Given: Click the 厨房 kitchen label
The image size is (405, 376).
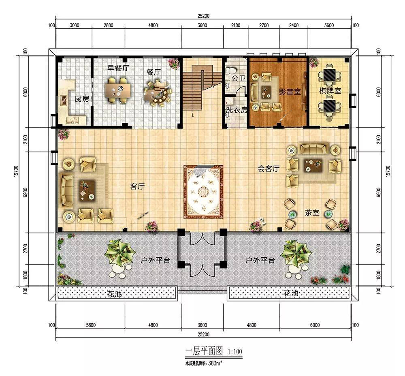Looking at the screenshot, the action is (82, 99).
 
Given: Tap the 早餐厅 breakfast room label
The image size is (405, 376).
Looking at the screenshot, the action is (118, 68).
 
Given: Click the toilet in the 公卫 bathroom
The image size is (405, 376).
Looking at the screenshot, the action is (230, 70).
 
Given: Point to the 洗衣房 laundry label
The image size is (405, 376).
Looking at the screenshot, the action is (237, 110).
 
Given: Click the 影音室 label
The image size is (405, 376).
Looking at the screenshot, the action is (290, 92).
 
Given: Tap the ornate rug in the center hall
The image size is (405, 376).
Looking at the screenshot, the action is (203, 192).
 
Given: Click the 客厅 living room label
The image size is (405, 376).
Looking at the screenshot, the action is (137, 186).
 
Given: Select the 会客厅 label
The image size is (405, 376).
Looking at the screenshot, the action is (269, 169).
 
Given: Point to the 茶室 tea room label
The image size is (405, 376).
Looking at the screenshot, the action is (312, 213).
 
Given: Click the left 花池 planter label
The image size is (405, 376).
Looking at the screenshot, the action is (115, 294).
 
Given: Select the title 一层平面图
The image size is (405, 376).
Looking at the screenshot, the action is (204, 351).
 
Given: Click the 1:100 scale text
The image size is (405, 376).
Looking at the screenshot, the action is (235, 352).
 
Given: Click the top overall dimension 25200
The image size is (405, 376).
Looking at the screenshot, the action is (204, 16).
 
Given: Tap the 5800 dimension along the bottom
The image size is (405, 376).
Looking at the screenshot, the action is (91, 325).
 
